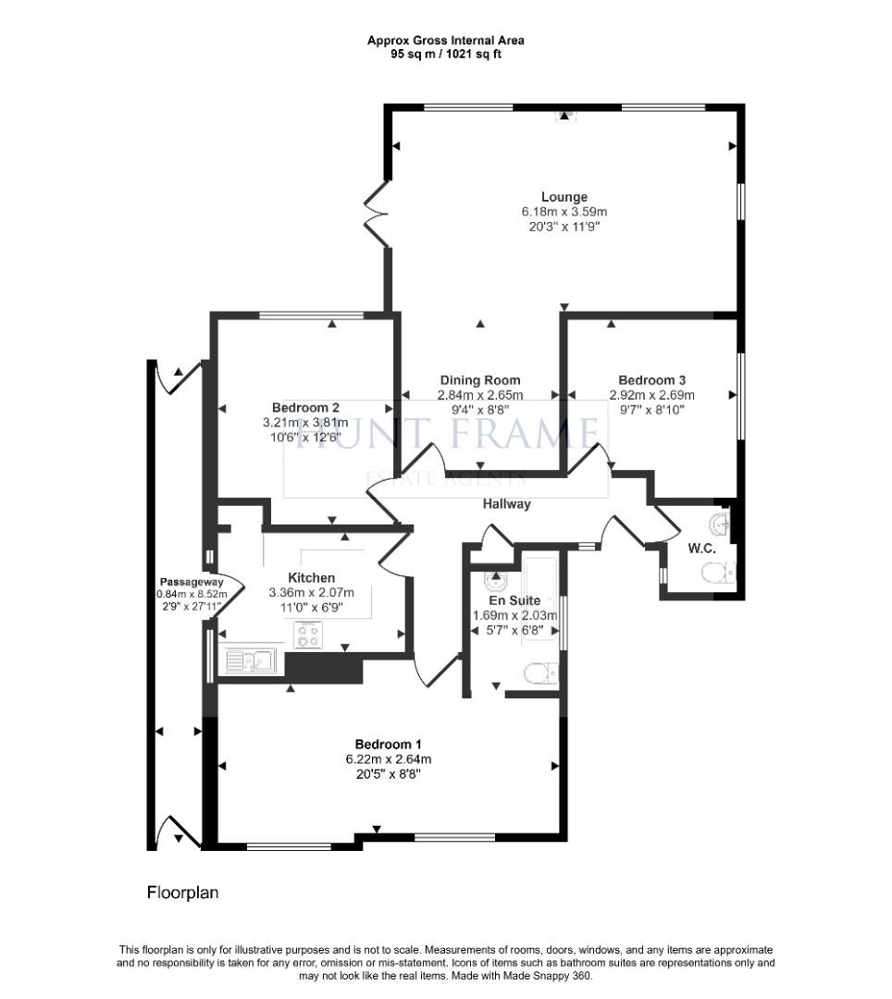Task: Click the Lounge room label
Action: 564,197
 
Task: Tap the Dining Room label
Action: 480,380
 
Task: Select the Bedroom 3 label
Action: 651,380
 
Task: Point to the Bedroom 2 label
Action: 305,408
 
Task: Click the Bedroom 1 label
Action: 388,744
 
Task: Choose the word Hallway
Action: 506,504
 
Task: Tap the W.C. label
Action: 701,549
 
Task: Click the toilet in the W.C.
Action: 718,573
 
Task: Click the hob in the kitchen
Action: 308,635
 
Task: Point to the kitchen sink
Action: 249,660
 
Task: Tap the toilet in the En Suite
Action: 540,673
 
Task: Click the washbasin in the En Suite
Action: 495,580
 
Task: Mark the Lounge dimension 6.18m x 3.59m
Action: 564,212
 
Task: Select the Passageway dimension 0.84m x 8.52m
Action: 192,595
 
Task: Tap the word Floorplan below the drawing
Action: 183,893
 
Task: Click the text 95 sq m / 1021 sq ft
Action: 445,55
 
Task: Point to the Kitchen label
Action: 312,578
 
